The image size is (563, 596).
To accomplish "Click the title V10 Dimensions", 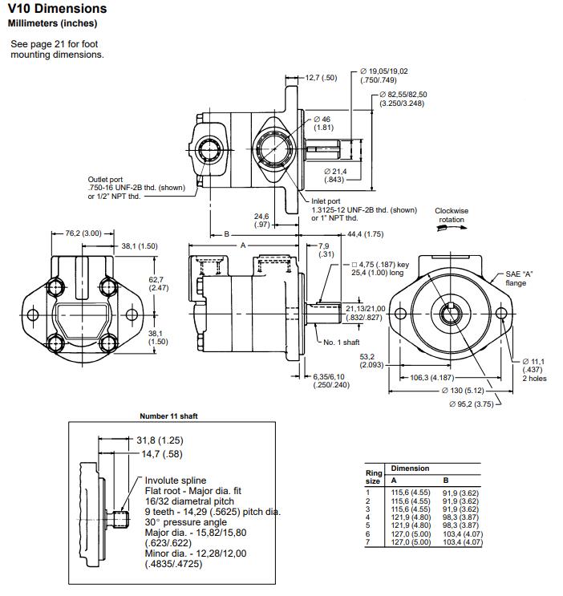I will coord(57,9).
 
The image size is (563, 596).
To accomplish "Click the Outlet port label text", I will coord(105,179).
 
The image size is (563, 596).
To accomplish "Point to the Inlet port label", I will coord(326,201).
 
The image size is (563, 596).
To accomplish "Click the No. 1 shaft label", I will coord(341,342).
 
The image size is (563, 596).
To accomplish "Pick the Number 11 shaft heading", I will coord(168,416).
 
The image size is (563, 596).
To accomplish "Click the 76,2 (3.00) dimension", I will coord(84,233).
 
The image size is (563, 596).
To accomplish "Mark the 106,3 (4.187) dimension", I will coord(433,377).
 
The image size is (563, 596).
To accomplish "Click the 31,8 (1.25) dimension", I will coord(160,440).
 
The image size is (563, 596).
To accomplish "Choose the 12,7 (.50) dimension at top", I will coord(321,78).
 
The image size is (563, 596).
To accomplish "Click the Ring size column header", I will coord(373,477).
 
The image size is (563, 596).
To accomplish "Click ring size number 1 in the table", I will coord(368,492).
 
